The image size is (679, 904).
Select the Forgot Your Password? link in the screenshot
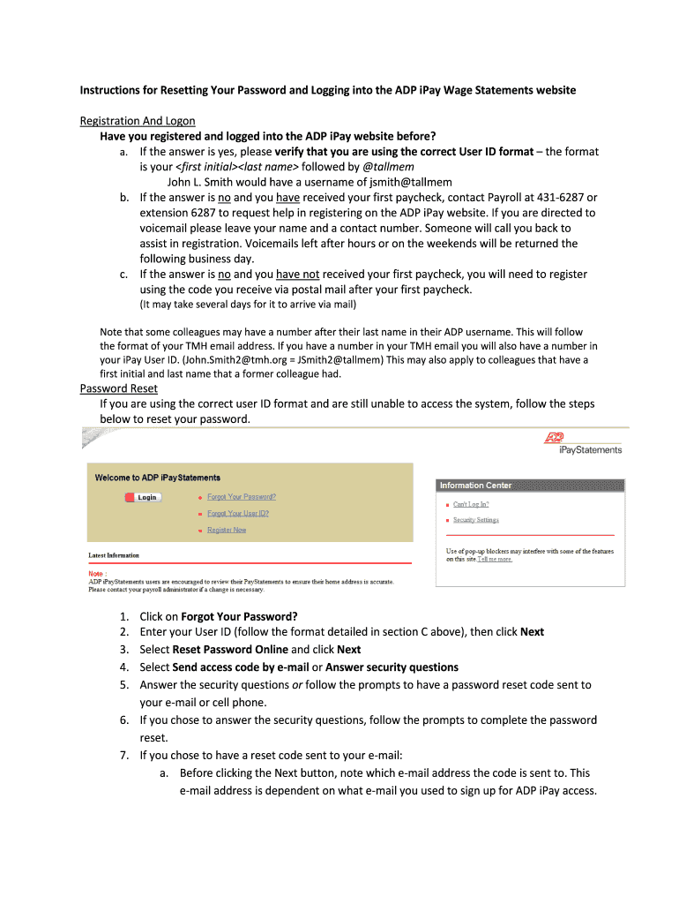(x=242, y=497)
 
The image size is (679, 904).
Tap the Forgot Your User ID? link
(x=238, y=513)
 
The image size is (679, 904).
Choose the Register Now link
(x=227, y=530)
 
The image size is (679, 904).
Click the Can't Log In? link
(x=471, y=504)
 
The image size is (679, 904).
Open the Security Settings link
(x=475, y=520)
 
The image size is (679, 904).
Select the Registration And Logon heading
(x=138, y=120)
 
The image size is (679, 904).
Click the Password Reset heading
(x=119, y=388)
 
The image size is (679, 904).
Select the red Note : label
(x=99, y=572)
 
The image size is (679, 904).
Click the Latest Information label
(x=114, y=555)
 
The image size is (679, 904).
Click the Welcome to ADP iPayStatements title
(x=158, y=478)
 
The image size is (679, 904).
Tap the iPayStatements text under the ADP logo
(x=591, y=450)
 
